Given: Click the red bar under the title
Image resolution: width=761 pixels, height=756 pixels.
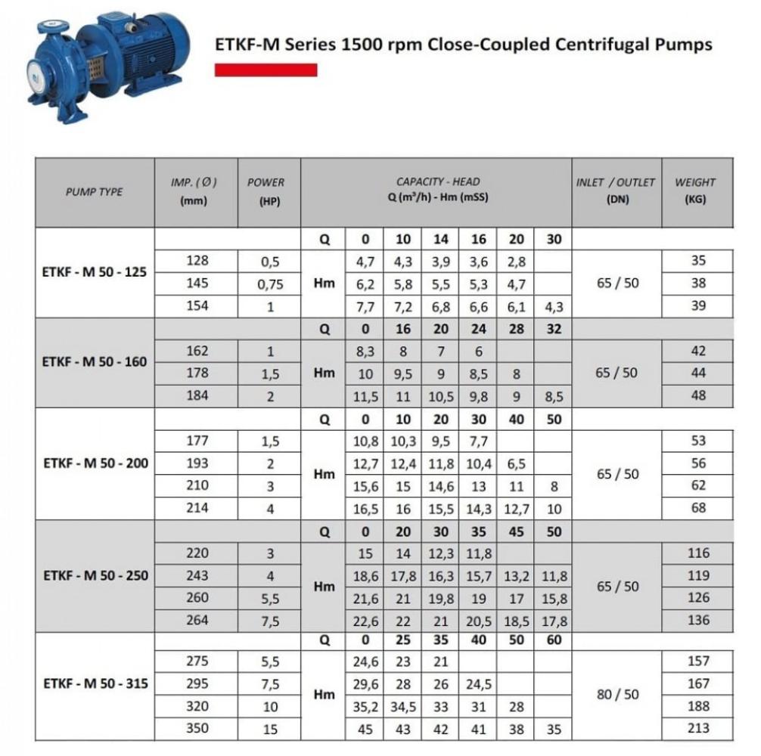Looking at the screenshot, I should pos(266,70).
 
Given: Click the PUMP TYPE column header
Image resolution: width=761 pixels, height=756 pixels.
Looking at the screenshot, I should pos(94,192).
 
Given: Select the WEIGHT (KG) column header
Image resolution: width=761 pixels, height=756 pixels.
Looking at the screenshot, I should pos(694,191).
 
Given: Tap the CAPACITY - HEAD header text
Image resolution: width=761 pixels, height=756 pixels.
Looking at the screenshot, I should pos(438,181).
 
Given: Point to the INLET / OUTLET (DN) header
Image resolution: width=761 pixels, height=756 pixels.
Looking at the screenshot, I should pos(616,191).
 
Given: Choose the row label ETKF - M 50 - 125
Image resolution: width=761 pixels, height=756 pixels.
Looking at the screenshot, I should pos(95,272).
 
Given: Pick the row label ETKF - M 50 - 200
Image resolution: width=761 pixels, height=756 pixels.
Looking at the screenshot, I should pos(95,463).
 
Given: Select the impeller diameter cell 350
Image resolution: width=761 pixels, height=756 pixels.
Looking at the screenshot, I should pos(197,729).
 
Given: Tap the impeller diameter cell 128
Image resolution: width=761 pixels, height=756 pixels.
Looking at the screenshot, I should pos(197,261).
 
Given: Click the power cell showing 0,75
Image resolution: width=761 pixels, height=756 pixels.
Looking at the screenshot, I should pos(269,284).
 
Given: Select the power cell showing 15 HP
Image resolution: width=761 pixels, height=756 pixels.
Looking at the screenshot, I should pos(269,730).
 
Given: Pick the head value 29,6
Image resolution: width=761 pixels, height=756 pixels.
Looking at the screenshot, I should pos(365,684).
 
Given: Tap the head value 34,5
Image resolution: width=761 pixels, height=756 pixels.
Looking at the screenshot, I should pos(403,707).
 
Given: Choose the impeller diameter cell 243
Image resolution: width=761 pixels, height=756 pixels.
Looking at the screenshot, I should pos(197,575).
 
